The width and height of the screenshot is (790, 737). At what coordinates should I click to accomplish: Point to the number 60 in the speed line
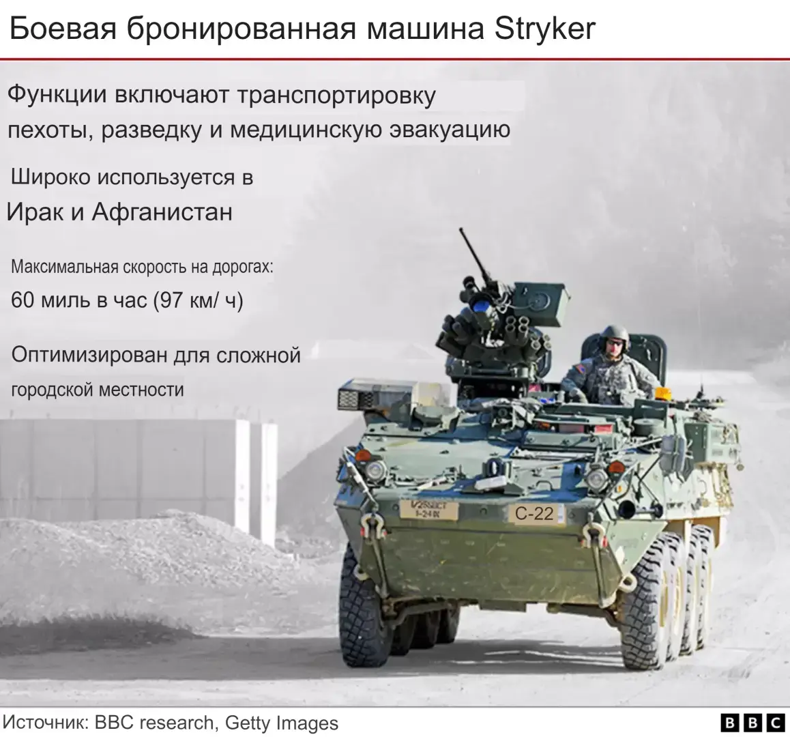point(25,300)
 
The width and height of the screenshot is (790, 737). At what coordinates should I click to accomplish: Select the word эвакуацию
point(450,130)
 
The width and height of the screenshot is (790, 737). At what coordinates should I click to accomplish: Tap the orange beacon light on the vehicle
point(663,394)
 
